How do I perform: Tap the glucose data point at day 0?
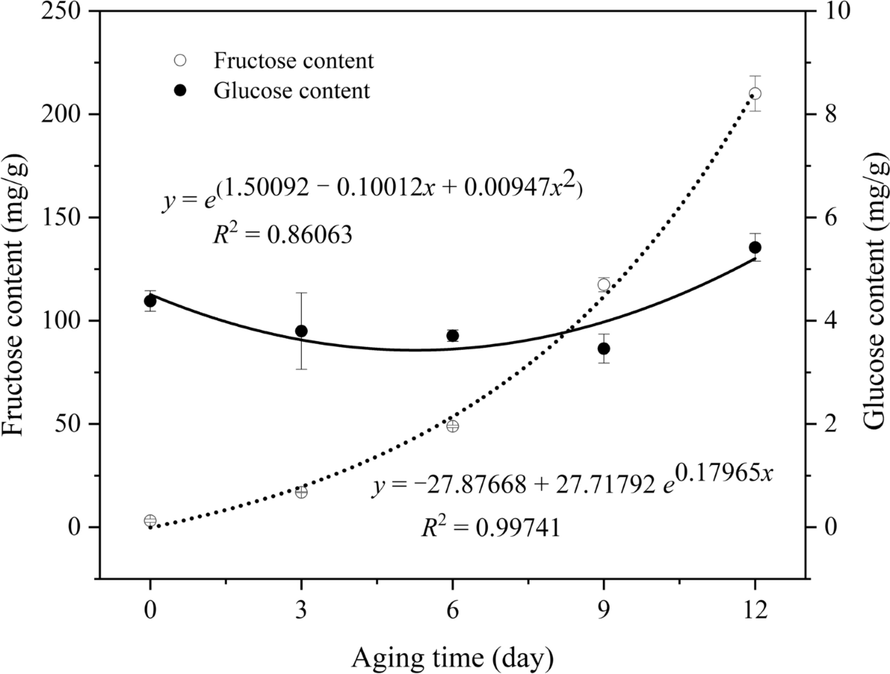point(151,300)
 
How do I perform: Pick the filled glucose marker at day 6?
point(452,335)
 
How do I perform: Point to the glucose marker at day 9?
point(604,348)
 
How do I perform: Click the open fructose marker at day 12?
point(755,93)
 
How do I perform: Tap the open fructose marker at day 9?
point(604,285)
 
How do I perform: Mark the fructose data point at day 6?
point(452,426)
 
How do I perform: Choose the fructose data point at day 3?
point(301,492)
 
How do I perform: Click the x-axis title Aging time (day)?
point(452,656)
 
